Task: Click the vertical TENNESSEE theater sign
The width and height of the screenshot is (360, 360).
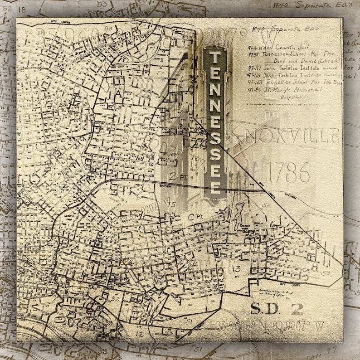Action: click(x=215, y=122)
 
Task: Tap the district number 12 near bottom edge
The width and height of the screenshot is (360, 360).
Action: click(x=139, y=334)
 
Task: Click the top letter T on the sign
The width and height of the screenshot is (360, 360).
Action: click(x=215, y=58)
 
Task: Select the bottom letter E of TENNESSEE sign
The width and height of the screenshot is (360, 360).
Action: click(x=215, y=186)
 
